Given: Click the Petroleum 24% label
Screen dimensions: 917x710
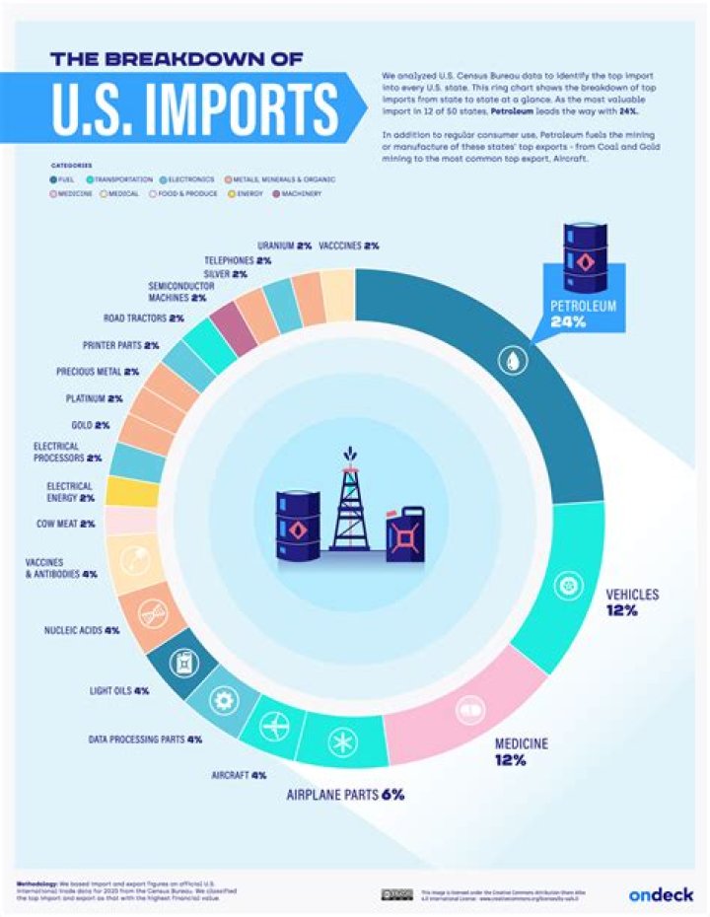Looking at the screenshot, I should tap(584, 314).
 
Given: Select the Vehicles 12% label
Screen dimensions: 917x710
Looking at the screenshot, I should tap(631, 601).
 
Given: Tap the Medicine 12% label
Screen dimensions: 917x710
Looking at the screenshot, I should tap(521, 750).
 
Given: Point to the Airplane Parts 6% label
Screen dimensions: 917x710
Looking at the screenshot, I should tap(345, 794).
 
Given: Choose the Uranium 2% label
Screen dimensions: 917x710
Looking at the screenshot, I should tap(284, 245).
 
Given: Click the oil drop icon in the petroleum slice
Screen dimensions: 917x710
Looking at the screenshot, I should tap(514, 362).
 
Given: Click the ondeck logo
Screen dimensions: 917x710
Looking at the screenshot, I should tap(660, 893).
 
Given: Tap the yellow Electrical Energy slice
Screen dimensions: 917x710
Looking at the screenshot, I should tap(131, 491).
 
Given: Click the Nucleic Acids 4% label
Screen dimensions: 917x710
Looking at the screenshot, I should tap(83, 629).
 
